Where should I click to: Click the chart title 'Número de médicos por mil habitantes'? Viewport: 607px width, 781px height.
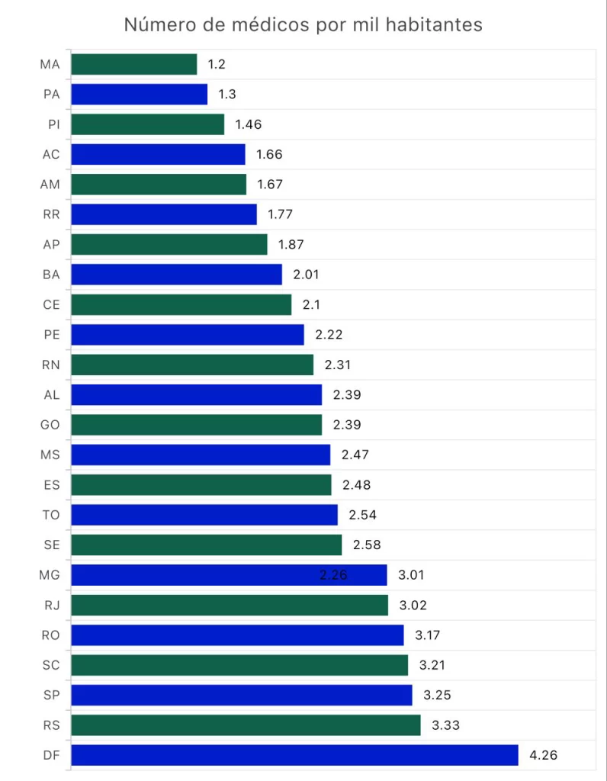pos(303,25)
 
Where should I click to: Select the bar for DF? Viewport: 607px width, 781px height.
pos(294,755)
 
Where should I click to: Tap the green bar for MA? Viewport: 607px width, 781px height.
pos(134,64)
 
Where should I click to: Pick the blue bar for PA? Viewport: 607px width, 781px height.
pos(140,95)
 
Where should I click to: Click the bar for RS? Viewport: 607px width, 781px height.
pos(246,725)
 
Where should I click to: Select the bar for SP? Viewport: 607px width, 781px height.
pos(242,695)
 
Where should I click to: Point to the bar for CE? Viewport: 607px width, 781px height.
pos(181,305)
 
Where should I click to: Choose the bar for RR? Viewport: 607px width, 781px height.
pos(164,214)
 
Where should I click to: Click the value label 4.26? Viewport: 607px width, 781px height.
pos(544,756)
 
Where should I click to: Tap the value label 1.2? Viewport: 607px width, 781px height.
pos(217,64)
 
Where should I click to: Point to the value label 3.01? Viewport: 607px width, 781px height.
pos(412,575)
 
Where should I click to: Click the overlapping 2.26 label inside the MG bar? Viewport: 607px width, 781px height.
pos(333,575)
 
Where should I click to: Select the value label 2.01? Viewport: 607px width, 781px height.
pos(306,275)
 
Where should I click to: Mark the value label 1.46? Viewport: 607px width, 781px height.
pos(249,124)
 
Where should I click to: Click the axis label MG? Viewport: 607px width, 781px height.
pos(50,575)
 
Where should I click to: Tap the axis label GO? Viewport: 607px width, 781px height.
pos(50,425)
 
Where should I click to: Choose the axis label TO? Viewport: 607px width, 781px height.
pos(51,515)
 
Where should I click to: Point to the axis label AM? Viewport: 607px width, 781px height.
pos(50,185)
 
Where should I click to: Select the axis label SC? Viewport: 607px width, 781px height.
pos(51,665)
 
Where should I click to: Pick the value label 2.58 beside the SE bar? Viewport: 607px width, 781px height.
pos(367,545)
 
